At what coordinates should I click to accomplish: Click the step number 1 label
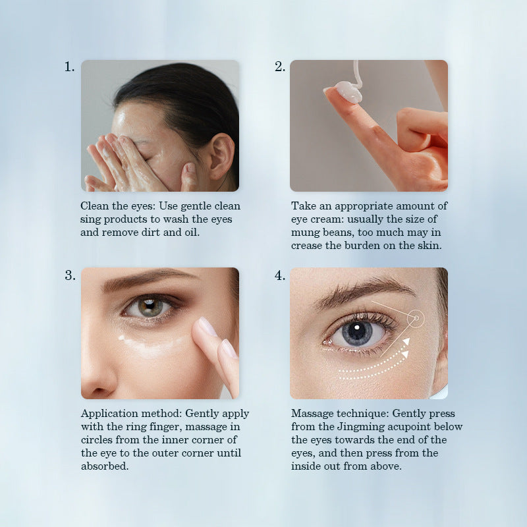[69, 67]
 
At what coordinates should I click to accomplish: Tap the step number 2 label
[279, 67]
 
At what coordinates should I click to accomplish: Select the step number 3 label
[70, 275]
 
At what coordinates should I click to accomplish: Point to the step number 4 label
[279, 275]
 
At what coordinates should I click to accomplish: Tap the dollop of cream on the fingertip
[347, 91]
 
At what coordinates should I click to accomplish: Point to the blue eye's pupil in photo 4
[358, 331]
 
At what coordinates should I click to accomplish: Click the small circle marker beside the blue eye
[416, 318]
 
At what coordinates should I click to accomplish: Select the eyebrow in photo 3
[148, 279]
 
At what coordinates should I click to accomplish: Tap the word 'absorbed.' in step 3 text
[105, 466]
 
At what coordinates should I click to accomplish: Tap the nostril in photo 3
[97, 391]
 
